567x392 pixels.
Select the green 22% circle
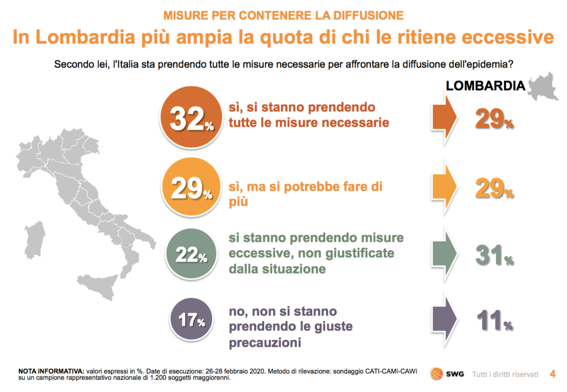click(x=191, y=255)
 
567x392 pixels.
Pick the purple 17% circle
click(x=192, y=320)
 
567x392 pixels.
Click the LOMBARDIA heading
click(x=485, y=86)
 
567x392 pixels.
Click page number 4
click(x=553, y=374)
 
